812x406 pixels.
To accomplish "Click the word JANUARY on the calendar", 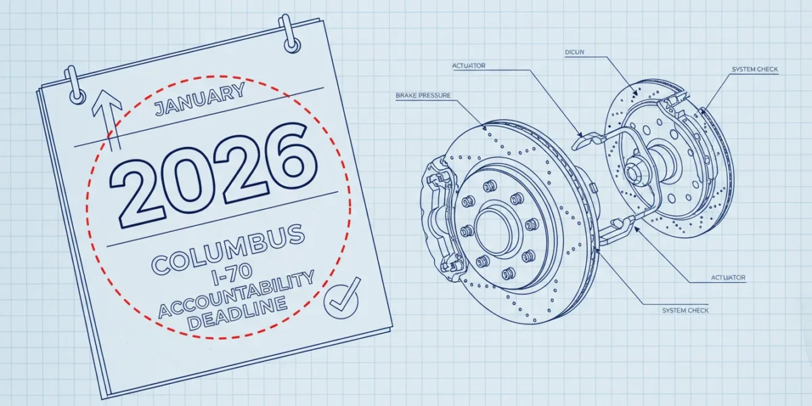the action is (200, 99).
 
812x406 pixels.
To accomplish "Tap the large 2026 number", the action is (213, 175).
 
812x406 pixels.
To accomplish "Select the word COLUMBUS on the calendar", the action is (228, 249).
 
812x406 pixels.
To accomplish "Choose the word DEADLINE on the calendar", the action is (238, 313).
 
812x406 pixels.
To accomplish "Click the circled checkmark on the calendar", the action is (342, 298).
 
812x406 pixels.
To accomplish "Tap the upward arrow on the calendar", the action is (108, 120).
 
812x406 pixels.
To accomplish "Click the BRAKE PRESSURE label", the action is (423, 95).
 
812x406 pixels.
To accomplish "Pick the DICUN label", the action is (574, 52).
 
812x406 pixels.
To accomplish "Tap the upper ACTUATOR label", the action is (469, 66).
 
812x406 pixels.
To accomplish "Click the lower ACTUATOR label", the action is (728, 277).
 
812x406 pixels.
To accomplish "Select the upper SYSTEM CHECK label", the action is (754, 69).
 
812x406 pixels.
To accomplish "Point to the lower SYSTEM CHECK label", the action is (685, 311).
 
